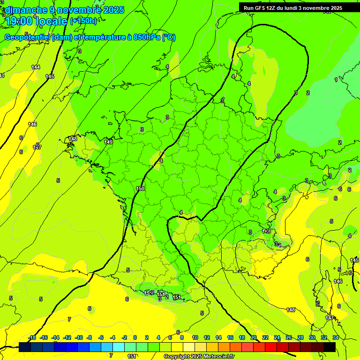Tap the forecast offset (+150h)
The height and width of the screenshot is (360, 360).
coord(83,21)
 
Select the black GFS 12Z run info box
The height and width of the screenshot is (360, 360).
coord(292,7)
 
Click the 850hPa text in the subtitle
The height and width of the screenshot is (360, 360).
coord(148,37)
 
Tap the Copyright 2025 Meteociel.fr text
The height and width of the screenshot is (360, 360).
coord(199,357)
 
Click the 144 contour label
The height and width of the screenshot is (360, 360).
coord(36,67)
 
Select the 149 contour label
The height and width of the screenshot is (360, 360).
coord(108,142)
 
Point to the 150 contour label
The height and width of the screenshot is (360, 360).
coord(140,188)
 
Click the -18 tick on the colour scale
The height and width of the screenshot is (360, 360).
coord(32,337)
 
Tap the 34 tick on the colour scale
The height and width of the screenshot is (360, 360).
coord(336,337)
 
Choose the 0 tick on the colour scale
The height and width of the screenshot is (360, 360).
coord(135,337)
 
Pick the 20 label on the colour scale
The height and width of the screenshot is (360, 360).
coord(254,337)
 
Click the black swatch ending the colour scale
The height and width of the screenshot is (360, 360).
coord(330,347)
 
